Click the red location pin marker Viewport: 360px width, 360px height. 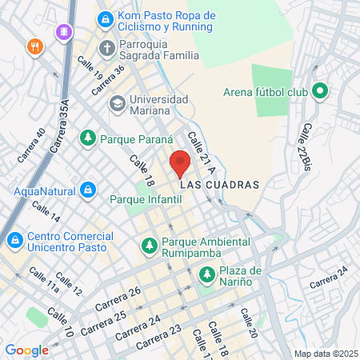click(x=180, y=163)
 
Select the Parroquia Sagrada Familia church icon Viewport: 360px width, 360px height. click(x=106, y=47)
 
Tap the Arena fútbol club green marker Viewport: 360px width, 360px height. click(x=319, y=91)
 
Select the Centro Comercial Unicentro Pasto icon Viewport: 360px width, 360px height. click(x=14, y=238)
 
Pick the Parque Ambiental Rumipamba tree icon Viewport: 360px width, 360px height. click(x=148, y=245)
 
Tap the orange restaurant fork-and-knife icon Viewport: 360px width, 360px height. click(x=34, y=46)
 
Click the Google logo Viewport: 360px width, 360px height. click(x=26, y=350)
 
